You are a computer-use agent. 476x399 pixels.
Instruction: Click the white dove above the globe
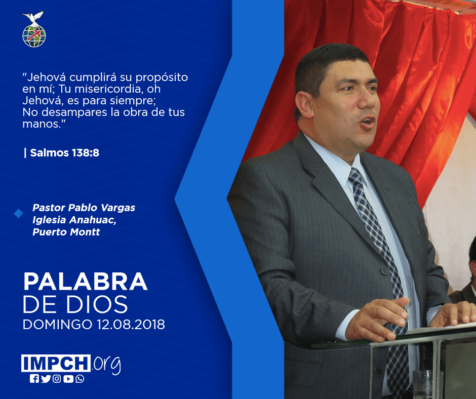pos(33,18)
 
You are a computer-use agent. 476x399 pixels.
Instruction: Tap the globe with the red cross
pos(34,36)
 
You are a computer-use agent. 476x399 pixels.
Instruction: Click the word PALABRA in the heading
pos(85,282)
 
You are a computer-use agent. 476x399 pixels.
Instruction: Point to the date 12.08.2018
pos(131,324)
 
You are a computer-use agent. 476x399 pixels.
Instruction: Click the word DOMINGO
pos(57,324)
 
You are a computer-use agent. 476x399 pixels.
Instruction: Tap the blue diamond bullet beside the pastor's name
pos(19,214)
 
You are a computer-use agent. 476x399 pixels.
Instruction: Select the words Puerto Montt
pos(66,232)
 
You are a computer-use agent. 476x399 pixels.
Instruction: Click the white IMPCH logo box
pos(56,363)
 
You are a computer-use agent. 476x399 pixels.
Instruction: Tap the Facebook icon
pos(34,379)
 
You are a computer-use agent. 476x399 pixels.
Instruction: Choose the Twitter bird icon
pos(46,379)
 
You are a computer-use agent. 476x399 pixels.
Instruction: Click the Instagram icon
pos(57,379)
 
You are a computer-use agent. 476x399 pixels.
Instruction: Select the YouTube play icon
pos(68,379)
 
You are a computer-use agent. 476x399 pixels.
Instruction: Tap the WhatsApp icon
pos(80,379)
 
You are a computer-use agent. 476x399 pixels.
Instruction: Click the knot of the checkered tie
pos(355,176)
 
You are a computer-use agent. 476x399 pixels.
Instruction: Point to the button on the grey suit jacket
pos(385,271)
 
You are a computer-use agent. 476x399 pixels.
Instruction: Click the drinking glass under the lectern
pos(423,384)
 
